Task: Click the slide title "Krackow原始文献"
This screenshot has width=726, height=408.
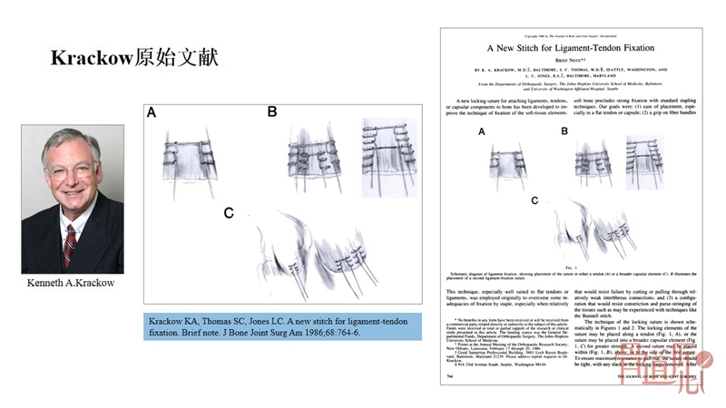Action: (133, 58)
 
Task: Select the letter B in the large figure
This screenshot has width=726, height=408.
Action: (271, 112)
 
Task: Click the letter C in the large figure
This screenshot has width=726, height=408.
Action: (229, 213)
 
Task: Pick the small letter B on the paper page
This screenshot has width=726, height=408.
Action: (564, 131)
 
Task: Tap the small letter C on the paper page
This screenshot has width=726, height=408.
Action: (535, 199)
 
